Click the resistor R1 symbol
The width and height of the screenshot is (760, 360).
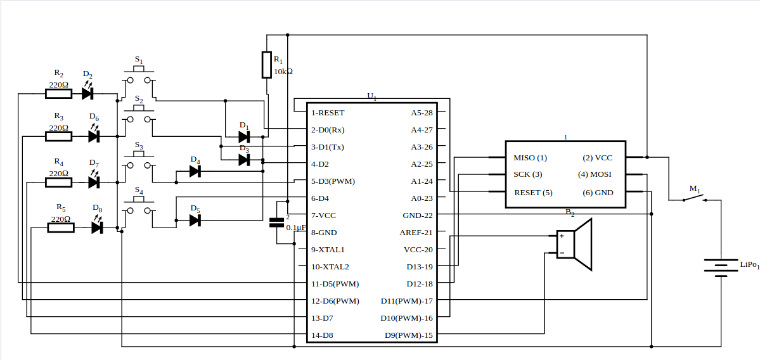tap(267, 65)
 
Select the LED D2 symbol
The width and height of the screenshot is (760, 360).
tap(87, 94)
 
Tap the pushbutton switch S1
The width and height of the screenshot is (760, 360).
tap(139, 79)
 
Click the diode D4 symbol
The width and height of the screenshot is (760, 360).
tap(195, 170)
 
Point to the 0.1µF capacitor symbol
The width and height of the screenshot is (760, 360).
tap(276, 222)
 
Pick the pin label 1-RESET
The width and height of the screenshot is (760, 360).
tap(328, 113)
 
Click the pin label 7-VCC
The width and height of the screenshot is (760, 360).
tap(323, 215)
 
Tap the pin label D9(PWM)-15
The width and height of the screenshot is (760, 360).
tap(409, 335)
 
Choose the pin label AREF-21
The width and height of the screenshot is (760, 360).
tap(416, 233)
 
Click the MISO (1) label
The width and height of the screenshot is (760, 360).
tap(530, 158)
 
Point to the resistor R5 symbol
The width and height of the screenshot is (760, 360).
tap(61, 228)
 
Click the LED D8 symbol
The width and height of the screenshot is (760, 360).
tap(97, 228)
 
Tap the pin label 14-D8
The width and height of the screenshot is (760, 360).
tap(323, 335)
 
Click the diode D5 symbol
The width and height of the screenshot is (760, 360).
tap(195, 220)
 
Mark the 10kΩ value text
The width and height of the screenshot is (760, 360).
tap(283, 72)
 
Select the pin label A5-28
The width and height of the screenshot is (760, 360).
tap(422, 113)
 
